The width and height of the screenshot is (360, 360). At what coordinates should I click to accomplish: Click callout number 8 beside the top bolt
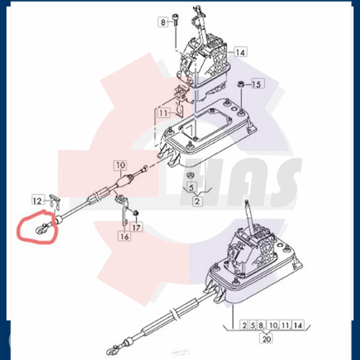[x=163, y=23]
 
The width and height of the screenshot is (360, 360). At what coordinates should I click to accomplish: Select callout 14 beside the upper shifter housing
[x=240, y=53]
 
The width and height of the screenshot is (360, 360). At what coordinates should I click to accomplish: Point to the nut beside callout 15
[x=240, y=86]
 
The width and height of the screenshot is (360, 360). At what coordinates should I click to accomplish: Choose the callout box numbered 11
[x=164, y=113]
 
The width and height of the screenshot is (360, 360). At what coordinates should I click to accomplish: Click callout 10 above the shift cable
[x=120, y=166]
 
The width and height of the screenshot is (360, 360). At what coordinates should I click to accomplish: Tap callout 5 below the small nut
[x=191, y=188]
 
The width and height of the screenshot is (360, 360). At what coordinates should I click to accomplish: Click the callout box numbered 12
[x=38, y=199]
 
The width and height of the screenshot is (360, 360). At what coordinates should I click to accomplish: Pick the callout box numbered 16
[x=125, y=236]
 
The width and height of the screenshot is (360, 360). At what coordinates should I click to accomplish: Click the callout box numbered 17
[x=138, y=228]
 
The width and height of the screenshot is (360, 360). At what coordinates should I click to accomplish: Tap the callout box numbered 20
[x=267, y=338]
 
